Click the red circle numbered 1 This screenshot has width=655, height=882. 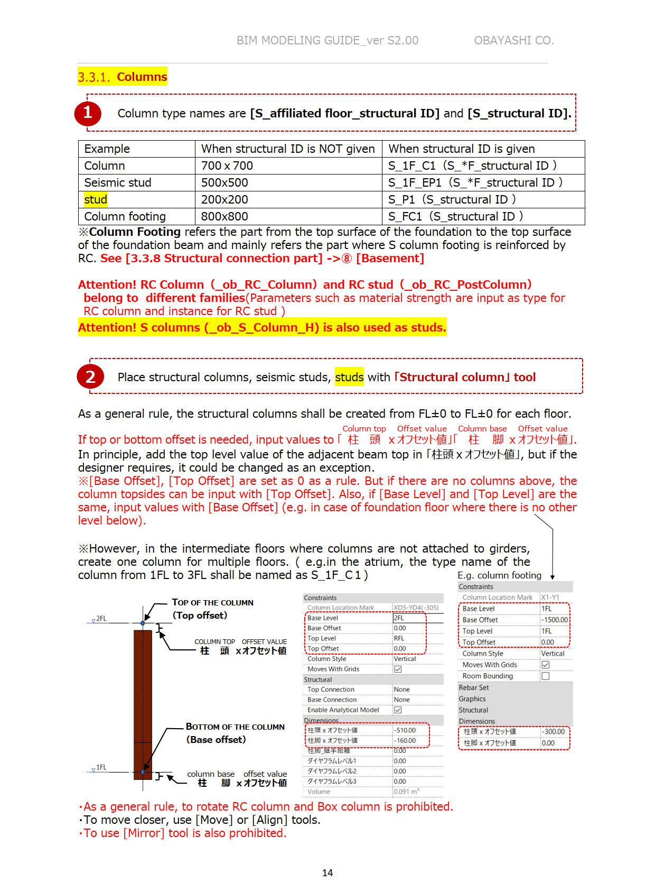(88, 113)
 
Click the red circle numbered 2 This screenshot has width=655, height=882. (90, 376)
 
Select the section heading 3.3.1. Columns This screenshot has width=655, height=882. (123, 77)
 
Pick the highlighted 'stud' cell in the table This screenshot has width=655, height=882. (96, 199)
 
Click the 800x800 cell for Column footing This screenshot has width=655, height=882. (224, 216)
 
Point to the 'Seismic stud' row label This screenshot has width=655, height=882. (118, 182)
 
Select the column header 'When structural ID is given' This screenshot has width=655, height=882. (462, 149)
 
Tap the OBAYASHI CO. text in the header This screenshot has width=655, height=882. (513, 40)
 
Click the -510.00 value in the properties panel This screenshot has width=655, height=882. (405, 730)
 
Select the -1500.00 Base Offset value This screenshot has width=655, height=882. (555, 620)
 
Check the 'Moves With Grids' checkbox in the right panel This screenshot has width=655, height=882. (546, 665)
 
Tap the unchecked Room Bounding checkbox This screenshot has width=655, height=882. (546, 676)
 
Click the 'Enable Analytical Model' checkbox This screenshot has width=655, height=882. (398, 710)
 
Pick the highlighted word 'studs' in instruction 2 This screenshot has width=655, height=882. (349, 377)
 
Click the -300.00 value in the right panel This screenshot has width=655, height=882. (554, 731)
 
